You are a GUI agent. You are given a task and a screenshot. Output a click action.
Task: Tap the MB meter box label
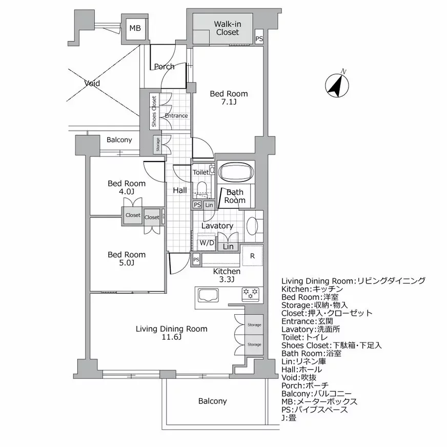click(135, 28)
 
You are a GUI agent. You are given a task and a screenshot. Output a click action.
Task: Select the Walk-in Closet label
click(227, 28)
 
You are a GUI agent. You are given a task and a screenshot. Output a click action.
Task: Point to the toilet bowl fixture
click(201, 188)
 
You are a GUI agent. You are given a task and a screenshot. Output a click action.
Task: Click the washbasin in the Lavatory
click(252, 226)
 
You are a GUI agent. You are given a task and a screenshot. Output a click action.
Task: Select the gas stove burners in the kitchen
click(251, 294)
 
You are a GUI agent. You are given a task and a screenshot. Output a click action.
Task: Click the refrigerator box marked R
click(252, 256)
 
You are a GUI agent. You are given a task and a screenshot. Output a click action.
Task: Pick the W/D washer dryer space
click(207, 242)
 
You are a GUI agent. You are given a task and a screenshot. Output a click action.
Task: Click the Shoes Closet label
click(154, 111)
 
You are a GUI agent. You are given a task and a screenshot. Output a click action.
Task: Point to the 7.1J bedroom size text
click(229, 103)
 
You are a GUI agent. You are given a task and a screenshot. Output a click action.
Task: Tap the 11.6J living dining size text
click(171, 338)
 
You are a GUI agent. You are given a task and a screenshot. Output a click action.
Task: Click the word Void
click(92, 83)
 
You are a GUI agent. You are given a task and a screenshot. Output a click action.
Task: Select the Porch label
click(164, 67)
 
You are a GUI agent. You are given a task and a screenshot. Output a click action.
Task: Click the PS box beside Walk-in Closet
click(259, 38)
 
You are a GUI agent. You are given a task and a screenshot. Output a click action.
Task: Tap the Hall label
click(179, 190)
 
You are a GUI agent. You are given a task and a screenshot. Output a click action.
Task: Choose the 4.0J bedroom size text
click(126, 192)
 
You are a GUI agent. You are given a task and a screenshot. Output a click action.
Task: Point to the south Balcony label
click(212, 401)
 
